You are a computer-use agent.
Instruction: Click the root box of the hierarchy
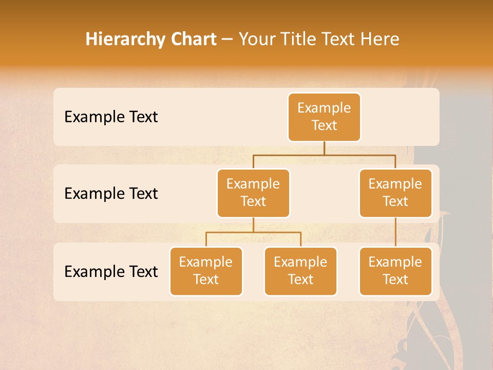click(x=324, y=117)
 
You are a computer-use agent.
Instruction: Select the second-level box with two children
click(x=253, y=193)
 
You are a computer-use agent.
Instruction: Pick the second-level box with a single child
click(x=395, y=193)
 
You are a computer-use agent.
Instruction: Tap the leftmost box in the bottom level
click(x=206, y=271)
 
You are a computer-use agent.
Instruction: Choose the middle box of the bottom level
click(x=300, y=271)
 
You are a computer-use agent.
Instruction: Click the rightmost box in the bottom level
click(x=395, y=271)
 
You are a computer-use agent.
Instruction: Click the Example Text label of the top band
click(x=111, y=117)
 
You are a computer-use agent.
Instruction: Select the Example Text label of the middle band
click(x=111, y=194)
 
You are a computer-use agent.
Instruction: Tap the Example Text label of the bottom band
click(x=111, y=271)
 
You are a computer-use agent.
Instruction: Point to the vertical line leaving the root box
click(x=324, y=148)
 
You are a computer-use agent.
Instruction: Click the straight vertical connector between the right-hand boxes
click(x=395, y=232)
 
